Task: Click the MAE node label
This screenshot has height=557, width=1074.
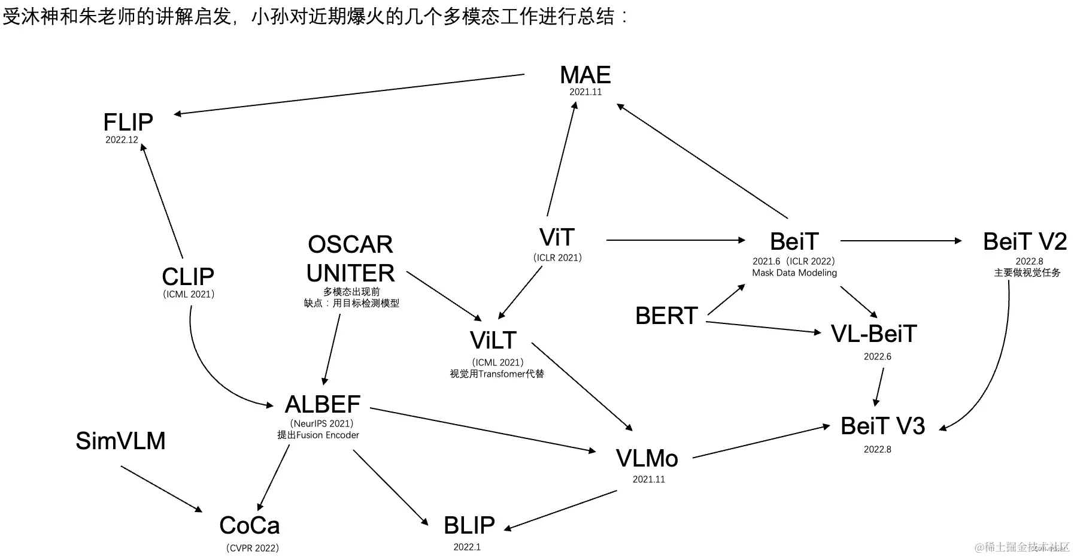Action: coord(585,75)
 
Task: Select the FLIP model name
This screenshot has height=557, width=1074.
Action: coord(128,123)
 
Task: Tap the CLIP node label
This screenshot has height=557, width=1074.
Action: coord(188,277)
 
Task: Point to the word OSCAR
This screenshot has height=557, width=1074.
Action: coord(350,244)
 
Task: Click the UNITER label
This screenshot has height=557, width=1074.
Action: coord(350,273)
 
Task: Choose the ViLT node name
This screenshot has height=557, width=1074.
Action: coord(493,340)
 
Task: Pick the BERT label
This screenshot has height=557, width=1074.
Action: coord(666,316)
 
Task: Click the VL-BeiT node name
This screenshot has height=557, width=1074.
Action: coord(873,334)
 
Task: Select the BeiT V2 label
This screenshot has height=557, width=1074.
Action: coord(1025,242)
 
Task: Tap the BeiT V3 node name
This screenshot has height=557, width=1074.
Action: coord(882,426)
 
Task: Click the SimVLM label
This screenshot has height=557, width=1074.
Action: coord(120,441)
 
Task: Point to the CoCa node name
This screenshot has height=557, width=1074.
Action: coord(250,526)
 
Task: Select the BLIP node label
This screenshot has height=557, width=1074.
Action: coord(469,525)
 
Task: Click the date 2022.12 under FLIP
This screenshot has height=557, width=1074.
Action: coord(122,140)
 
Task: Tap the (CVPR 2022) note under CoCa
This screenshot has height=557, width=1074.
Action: coord(253,548)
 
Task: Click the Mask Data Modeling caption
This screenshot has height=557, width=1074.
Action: coord(794,273)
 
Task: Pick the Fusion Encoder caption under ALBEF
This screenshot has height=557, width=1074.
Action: coord(318,435)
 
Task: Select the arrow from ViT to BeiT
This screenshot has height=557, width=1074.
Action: coord(675,240)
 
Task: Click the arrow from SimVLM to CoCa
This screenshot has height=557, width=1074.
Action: coord(162,489)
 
